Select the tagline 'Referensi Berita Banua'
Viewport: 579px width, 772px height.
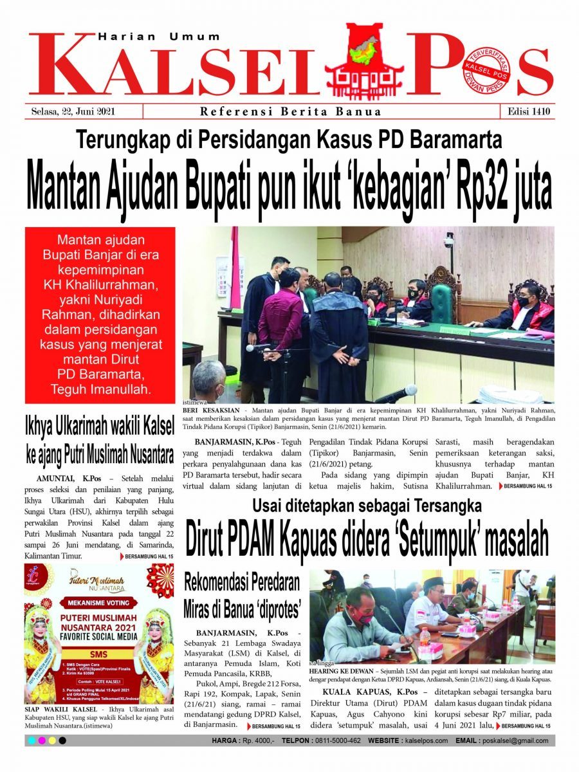click(291, 112)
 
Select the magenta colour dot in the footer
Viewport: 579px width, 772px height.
click(42, 741)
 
